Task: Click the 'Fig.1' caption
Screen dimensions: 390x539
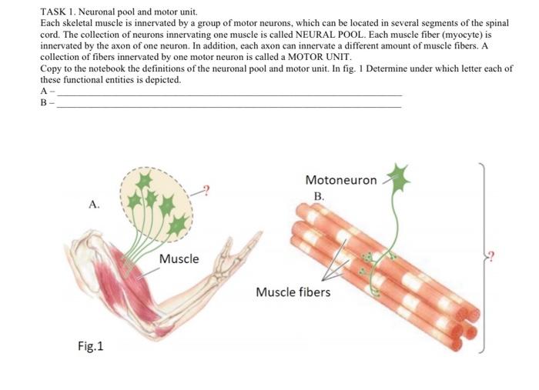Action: coord(89,346)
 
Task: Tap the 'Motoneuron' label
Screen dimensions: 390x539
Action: coord(340,180)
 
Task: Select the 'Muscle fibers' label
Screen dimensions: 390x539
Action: coord(293,292)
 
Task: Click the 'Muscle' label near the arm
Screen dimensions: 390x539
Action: coord(179,259)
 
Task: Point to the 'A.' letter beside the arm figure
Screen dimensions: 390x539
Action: coord(94,205)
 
